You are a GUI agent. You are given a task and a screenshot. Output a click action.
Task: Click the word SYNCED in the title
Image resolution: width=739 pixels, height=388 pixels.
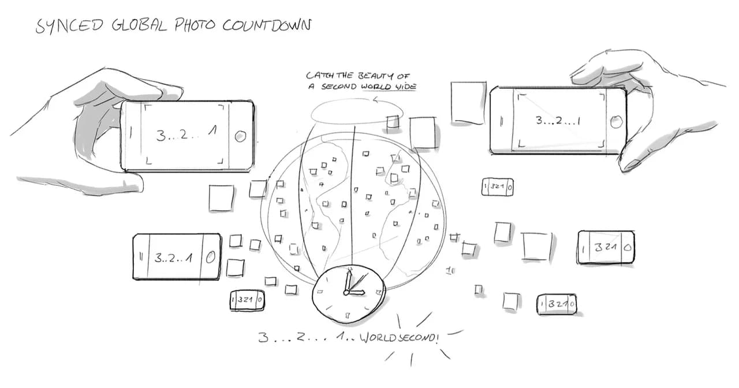(69, 25)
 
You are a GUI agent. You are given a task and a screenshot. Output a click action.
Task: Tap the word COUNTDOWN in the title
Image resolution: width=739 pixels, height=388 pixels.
(267, 25)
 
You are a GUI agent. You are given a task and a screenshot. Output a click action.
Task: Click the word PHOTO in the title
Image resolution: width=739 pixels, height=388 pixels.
(195, 25)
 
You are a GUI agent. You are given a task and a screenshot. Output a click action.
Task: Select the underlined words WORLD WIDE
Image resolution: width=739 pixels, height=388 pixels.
(389, 87)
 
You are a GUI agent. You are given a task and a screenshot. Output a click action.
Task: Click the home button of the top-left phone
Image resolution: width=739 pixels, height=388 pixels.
(240, 136)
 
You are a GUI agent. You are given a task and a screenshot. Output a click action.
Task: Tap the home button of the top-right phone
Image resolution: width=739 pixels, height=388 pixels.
(616, 122)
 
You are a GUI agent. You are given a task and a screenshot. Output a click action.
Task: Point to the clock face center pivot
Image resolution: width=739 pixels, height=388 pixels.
(346, 292)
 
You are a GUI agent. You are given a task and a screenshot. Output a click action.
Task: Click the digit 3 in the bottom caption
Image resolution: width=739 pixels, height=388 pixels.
(263, 338)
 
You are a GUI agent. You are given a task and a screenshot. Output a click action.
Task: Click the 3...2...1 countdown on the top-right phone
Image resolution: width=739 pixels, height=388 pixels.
(558, 121)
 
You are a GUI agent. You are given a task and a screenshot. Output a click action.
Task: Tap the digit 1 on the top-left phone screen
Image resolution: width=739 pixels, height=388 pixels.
(213, 131)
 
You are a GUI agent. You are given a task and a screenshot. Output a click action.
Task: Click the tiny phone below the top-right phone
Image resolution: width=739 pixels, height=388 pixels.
(498, 186)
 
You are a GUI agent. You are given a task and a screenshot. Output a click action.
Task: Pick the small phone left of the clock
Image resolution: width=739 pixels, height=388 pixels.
(247, 300)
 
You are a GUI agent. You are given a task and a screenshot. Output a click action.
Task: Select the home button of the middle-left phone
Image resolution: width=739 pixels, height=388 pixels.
(211, 258)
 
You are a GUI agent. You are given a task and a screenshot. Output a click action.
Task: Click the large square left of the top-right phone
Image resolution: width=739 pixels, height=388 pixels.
(468, 103)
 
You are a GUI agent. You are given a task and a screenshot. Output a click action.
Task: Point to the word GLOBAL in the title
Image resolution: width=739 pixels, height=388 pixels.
(139, 25)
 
